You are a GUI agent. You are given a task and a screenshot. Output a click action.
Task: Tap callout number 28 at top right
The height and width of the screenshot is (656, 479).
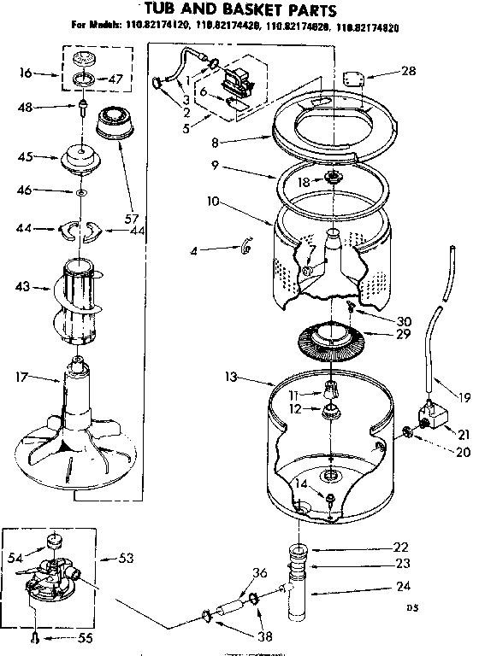tap(409, 71)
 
